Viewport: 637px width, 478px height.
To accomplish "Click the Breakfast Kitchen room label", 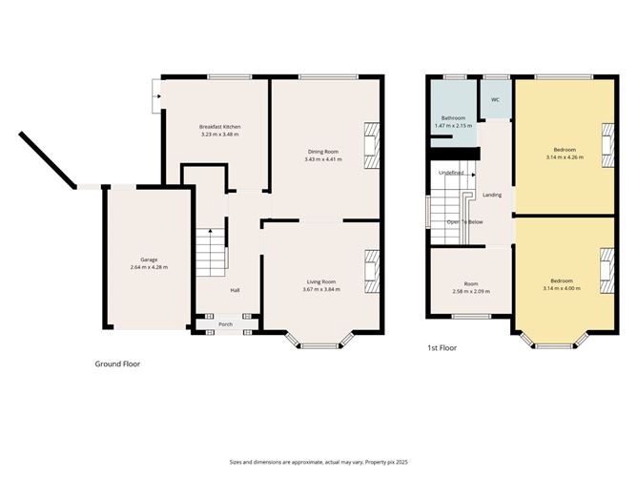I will (x=219, y=127).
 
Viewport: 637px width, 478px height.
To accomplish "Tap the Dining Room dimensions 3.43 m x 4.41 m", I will (x=321, y=159).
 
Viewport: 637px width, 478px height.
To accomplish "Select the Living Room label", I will (x=321, y=281).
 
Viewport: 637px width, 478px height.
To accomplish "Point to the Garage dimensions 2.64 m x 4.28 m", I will (x=148, y=268).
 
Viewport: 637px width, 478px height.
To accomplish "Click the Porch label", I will (x=226, y=324).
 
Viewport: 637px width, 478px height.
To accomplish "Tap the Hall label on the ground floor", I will (x=235, y=291).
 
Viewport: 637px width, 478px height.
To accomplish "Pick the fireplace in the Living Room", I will (x=373, y=270).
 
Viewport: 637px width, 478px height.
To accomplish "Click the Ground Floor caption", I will (x=118, y=364).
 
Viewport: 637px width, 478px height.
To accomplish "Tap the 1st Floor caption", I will (x=442, y=348).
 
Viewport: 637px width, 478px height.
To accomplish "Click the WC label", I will (x=495, y=100).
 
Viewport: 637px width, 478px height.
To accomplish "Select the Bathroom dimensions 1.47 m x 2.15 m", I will (x=453, y=126).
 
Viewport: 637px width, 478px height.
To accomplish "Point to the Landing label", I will (x=492, y=195).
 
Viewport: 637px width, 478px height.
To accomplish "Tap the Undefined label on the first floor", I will (x=451, y=173).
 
